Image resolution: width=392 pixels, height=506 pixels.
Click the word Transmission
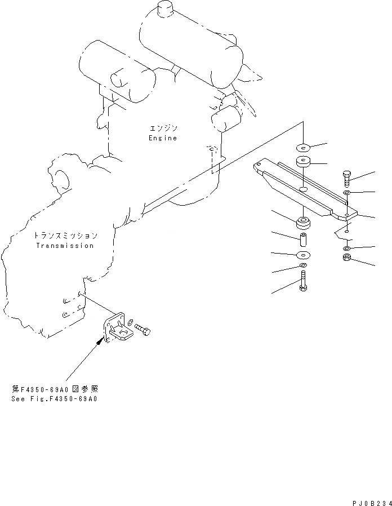point(65,246)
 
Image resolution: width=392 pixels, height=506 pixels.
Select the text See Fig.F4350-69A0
point(54,398)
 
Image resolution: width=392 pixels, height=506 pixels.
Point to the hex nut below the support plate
point(348,259)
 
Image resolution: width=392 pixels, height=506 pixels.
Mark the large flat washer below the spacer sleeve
point(303,255)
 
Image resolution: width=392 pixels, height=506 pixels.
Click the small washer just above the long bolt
point(303,265)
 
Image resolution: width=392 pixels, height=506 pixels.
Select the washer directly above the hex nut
point(348,248)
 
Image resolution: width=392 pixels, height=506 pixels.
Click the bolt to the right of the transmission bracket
point(143,330)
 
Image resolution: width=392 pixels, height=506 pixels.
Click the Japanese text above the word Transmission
point(65,236)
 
